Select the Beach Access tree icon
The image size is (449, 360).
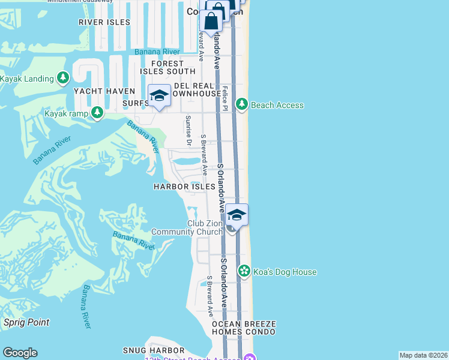tap(242, 105)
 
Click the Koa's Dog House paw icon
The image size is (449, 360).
tap(244, 271)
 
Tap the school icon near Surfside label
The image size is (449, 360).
tap(159, 96)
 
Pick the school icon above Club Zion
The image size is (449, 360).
tap(237, 215)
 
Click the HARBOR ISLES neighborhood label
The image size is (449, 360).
tap(184, 187)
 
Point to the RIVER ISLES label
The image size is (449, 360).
tap(104, 22)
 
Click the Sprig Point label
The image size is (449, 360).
tap(26, 322)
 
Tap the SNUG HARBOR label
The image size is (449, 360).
tap(153, 350)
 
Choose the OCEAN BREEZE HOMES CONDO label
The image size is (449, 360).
tap(243, 328)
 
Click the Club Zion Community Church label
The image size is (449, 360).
tap(187, 227)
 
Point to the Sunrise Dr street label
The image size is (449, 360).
tap(188, 130)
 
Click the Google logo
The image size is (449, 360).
tap(20, 353)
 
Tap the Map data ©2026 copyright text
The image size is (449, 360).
tap(423, 355)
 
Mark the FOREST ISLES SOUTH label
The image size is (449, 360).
tap(167, 67)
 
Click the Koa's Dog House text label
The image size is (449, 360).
tap(285, 272)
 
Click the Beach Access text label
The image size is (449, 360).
tap(277, 105)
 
